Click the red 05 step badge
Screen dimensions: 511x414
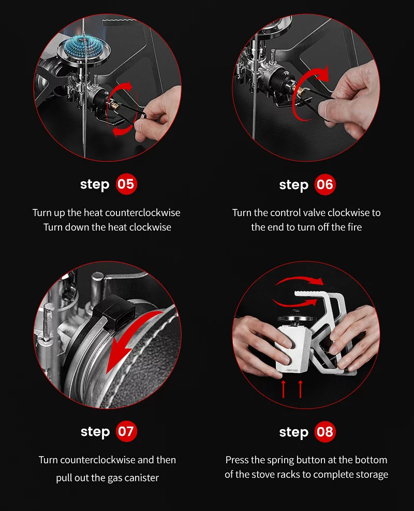(x=126, y=184)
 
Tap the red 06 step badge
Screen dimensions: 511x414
(x=325, y=184)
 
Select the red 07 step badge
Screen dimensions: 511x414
(x=126, y=431)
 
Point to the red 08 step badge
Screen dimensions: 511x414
(x=325, y=432)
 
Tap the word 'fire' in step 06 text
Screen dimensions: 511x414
(x=351, y=227)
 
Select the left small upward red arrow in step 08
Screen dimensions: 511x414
(x=283, y=389)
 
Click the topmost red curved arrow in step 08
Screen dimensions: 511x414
(x=298, y=281)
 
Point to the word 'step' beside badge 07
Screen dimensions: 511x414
(x=95, y=432)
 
